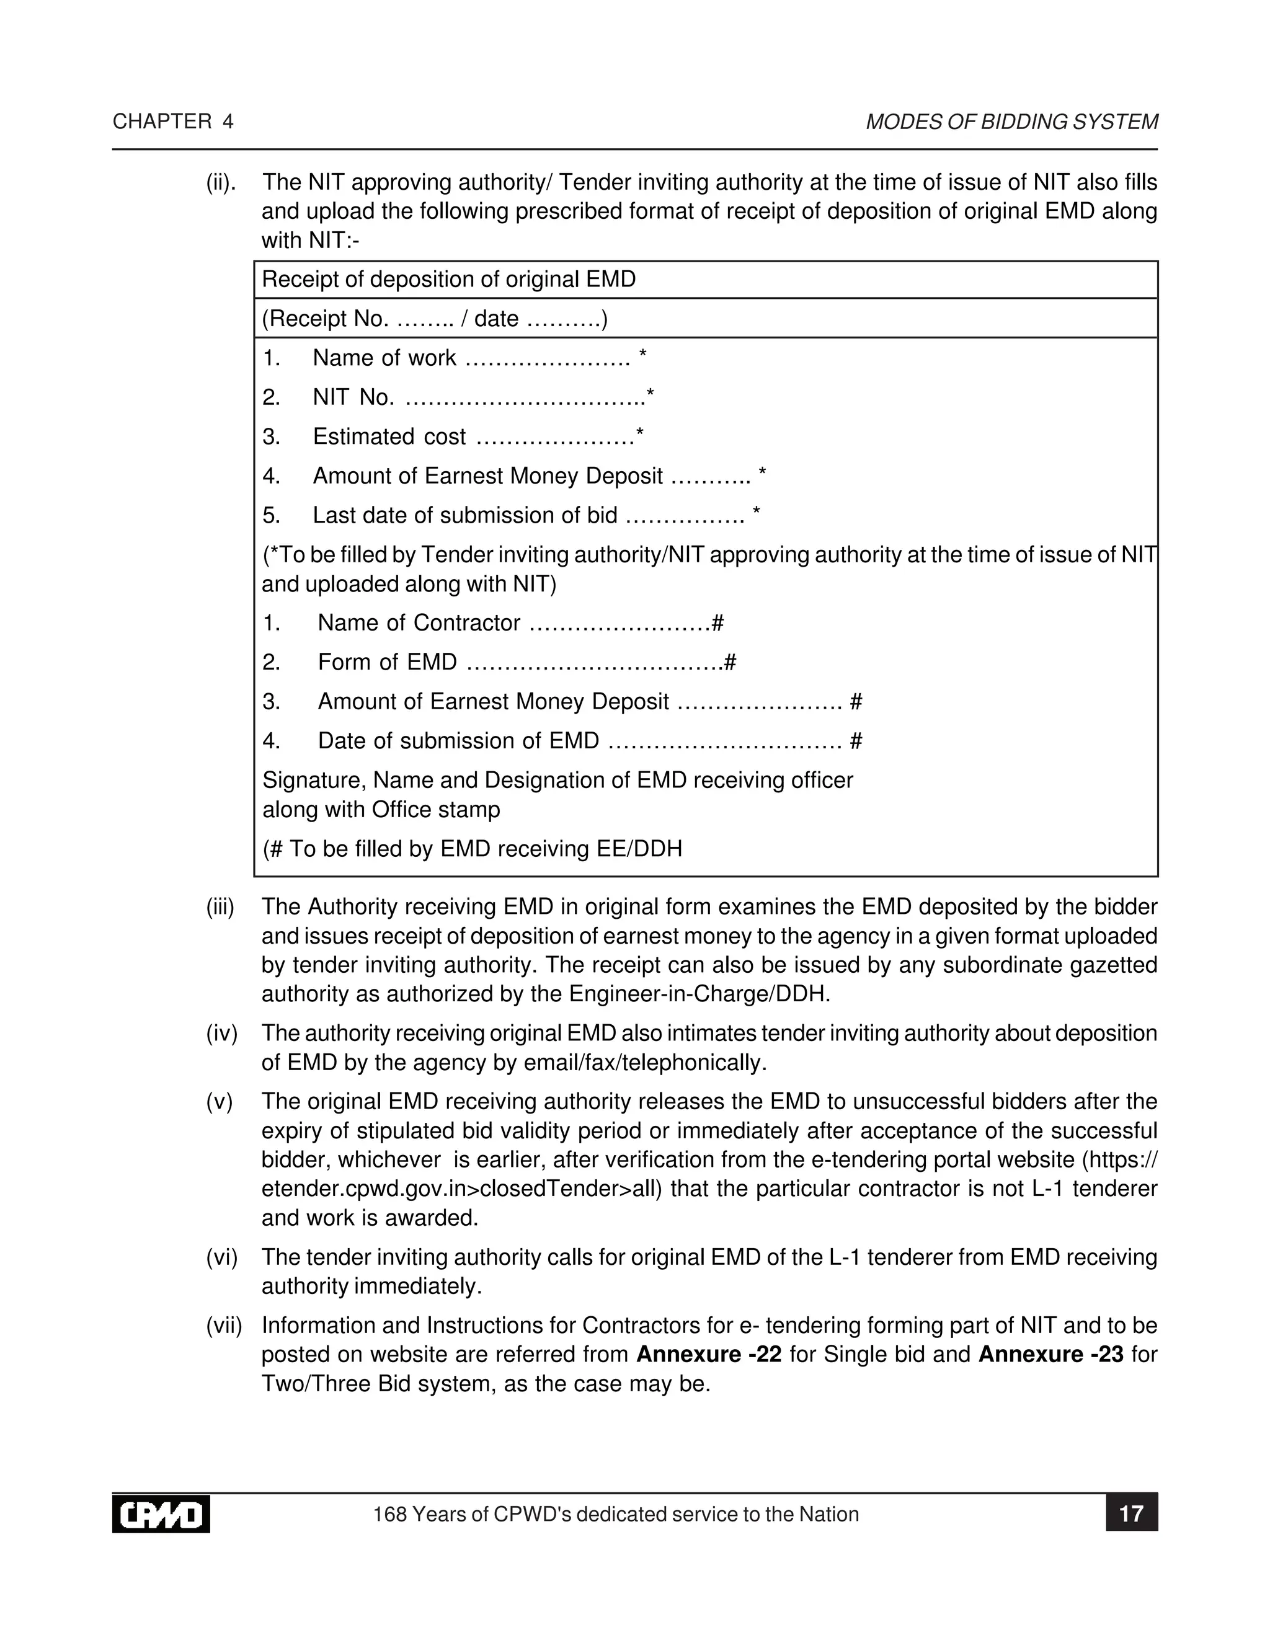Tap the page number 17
1131,1513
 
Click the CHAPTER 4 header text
173,122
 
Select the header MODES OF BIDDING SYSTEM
1011,122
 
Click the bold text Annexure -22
709,1354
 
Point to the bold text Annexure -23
1050,1354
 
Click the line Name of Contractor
493,623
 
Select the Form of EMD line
498,662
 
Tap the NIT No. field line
458,397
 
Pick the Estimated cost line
453,436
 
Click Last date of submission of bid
512,515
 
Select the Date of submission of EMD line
562,741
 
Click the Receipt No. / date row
435,319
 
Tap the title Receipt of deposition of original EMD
448,280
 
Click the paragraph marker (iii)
220,907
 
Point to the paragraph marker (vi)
222,1257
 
